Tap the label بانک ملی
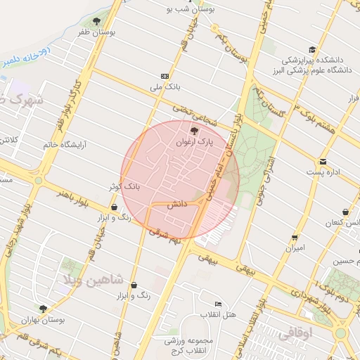165,88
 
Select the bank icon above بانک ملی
165,76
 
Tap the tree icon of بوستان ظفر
96,21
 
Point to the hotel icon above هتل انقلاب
218,304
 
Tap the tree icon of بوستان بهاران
44,308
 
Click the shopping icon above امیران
295,237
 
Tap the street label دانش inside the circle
174,205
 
